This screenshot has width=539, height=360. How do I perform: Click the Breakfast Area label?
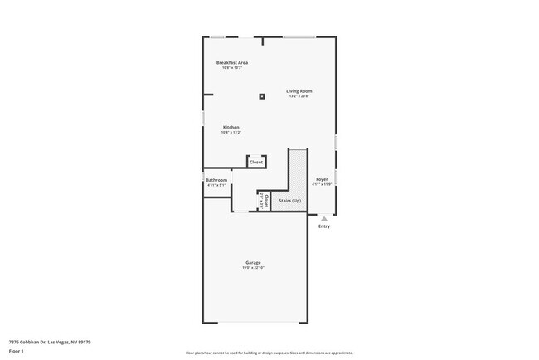tap(232, 62)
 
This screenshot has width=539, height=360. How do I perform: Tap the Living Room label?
tap(299, 90)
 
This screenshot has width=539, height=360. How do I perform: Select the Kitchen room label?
tap(231, 127)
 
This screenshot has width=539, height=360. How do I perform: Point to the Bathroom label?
tap(216, 180)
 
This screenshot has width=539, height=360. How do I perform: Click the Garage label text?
tap(253, 262)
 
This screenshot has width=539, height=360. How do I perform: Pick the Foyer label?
tap(322, 179)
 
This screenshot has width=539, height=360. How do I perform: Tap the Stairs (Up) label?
tap(289, 201)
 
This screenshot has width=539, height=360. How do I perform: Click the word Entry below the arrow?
tap(323, 226)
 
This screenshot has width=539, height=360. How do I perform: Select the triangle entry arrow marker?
tap(323, 219)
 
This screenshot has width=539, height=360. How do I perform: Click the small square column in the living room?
tap(262, 96)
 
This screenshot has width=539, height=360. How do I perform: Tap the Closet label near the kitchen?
tap(256, 162)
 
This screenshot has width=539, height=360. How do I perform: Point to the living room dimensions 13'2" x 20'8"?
tap(299, 96)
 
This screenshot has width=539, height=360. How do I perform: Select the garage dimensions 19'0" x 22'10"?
tap(253, 268)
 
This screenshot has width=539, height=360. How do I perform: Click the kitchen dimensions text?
tap(231, 133)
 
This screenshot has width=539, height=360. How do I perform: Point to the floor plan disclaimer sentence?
tap(269, 353)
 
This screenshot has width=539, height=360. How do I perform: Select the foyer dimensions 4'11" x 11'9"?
tap(322, 184)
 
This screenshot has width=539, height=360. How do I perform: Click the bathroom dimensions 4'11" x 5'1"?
tap(216, 185)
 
